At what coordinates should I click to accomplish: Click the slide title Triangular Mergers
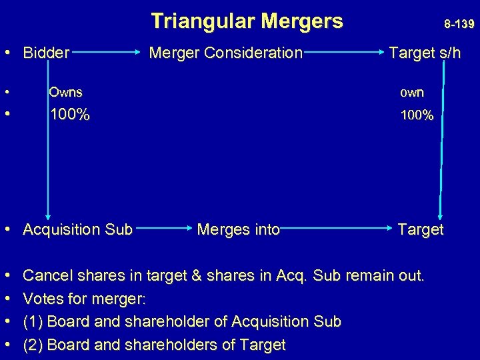pyautogui.click(x=247, y=21)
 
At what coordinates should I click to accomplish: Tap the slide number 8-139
pyautogui.click(x=459, y=25)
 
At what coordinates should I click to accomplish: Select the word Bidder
pyautogui.click(x=46, y=53)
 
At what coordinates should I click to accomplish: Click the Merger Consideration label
pyautogui.click(x=225, y=53)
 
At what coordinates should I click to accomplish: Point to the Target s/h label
pyautogui.click(x=425, y=53)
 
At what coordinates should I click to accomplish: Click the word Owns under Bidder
pyautogui.click(x=66, y=92)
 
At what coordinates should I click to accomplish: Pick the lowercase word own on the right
pyautogui.click(x=411, y=92)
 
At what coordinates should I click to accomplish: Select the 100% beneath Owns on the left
pyautogui.click(x=70, y=115)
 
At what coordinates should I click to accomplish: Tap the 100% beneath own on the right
pyautogui.click(x=417, y=115)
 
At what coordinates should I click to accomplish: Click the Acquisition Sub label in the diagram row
pyautogui.click(x=77, y=230)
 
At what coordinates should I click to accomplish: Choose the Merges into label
pyautogui.click(x=238, y=230)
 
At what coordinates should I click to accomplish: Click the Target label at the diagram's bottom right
pyautogui.click(x=420, y=230)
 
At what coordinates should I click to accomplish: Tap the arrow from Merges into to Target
pyautogui.click(x=337, y=230)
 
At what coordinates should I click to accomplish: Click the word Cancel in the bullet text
pyautogui.click(x=45, y=275)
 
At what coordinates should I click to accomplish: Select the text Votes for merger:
pyautogui.click(x=85, y=299)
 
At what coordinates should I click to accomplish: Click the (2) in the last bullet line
pyautogui.click(x=33, y=345)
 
